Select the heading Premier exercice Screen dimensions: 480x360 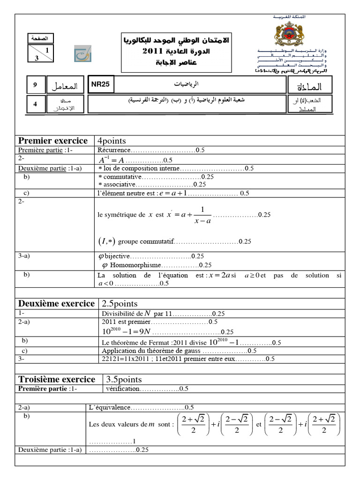[52, 141]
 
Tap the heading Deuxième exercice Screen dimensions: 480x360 [56, 304]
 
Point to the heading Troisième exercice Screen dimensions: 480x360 [56, 379]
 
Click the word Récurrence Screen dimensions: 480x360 [113, 150]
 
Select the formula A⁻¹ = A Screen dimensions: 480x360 [111, 159]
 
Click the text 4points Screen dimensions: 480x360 [112, 141]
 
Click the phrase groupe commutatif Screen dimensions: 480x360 [146, 241]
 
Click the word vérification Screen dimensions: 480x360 [122, 389]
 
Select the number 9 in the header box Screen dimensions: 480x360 [35, 85]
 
